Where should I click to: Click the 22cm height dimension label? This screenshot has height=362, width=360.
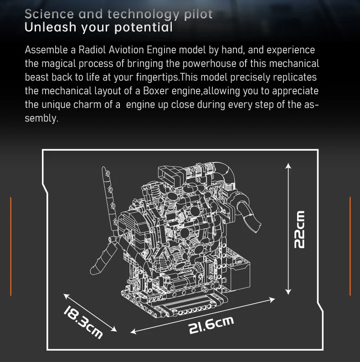(299, 229)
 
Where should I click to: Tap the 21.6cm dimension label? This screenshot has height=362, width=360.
(211, 325)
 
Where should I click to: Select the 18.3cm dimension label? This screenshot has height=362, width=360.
(82, 322)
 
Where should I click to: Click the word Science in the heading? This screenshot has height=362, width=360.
(49, 14)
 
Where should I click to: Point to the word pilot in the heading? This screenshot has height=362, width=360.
(198, 14)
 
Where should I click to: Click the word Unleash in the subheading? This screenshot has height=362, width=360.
(51, 27)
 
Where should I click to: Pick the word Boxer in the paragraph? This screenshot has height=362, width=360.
(155, 91)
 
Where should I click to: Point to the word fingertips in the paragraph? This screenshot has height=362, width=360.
(155, 77)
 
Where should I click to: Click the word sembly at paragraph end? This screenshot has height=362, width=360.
(41, 119)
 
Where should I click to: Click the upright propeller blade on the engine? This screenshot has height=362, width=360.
(108, 191)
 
